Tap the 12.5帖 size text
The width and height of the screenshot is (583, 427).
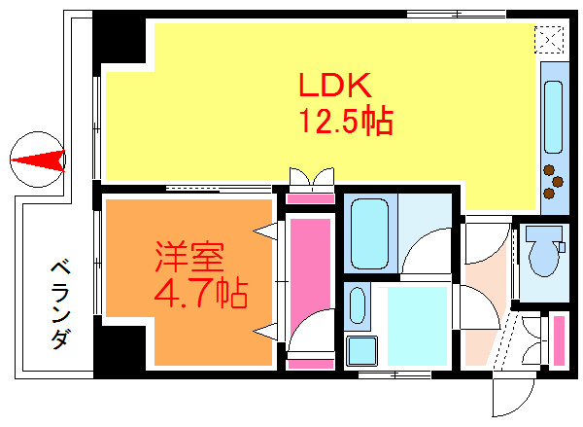click(x=344, y=121)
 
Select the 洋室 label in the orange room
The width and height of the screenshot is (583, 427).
click(x=190, y=257)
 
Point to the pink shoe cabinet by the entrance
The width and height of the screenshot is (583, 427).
click(x=559, y=339)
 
